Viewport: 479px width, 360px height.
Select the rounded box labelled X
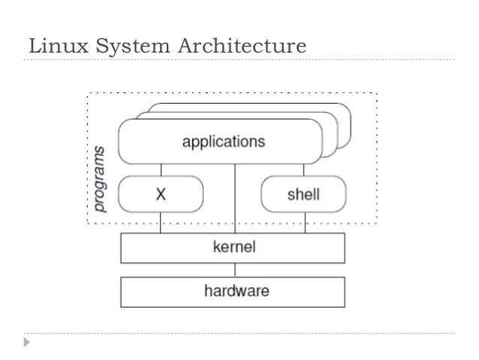(x=161, y=194)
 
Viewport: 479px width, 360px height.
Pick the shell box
(x=303, y=194)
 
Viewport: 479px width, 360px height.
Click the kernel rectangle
(x=233, y=247)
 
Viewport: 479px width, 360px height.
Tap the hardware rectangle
(x=233, y=292)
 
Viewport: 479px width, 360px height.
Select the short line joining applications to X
(x=161, y=169)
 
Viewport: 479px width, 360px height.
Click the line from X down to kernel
(x=161, y=222)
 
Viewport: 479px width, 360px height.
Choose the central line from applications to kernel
(x=236, y=199)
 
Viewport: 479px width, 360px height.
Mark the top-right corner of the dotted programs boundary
(x=375, y=93)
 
